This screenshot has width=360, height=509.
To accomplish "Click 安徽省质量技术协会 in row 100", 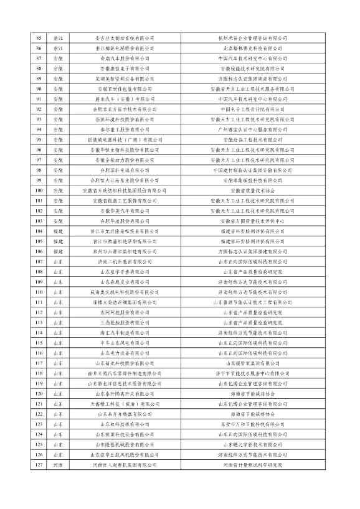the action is click(x=252, y=190).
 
